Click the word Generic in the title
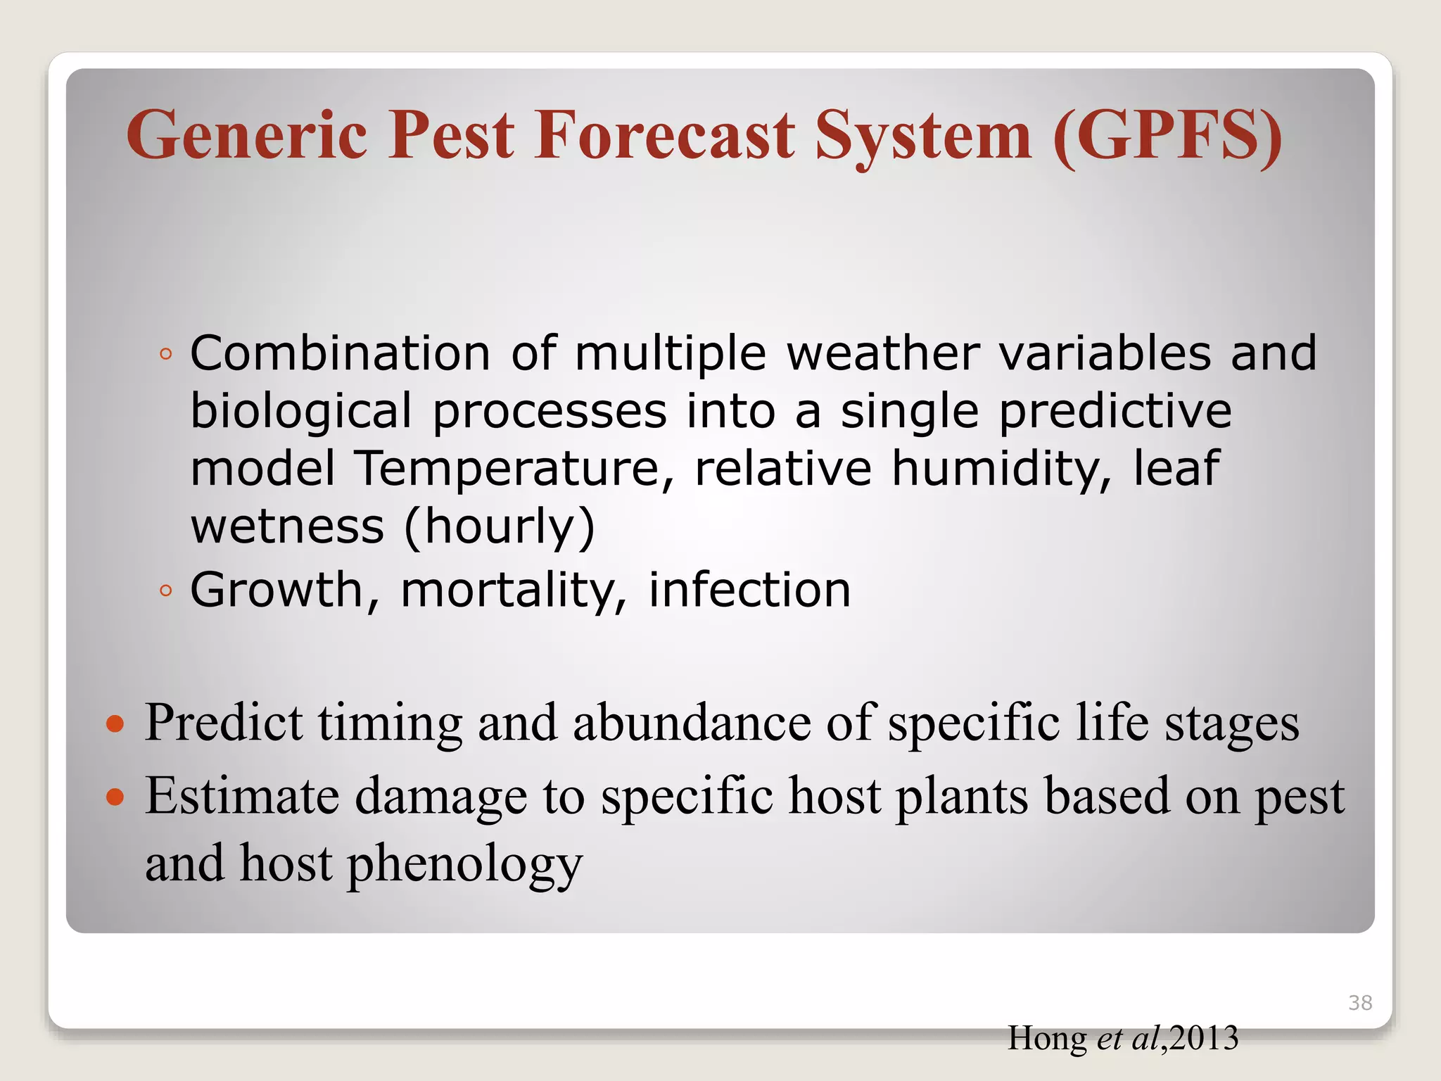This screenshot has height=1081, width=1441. (x=247, y=135)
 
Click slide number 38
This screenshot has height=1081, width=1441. (x=1360, y=1002)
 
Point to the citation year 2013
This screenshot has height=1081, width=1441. (x=1204, y=1038)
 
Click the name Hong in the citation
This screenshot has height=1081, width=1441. (x=1047, y=1038)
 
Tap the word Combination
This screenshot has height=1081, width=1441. (x=340, y=353)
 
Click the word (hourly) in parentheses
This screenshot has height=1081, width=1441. (x=500, y=526)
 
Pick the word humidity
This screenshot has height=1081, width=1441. (x=1001, y=469)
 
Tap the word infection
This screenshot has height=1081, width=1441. (x=749, y=590)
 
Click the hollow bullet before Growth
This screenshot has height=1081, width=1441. (x=165, y=591)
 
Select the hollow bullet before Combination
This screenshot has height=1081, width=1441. (x=165, y=355)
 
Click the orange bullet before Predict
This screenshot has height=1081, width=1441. (x=115, y=723)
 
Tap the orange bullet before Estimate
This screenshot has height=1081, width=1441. (x=115, y=797)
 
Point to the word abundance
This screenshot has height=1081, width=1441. (x=692, y=723)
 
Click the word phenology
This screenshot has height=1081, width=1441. (x=465, y=864)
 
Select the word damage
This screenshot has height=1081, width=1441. (x=440, y=797)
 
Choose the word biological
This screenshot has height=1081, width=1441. (x=301, y=411)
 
